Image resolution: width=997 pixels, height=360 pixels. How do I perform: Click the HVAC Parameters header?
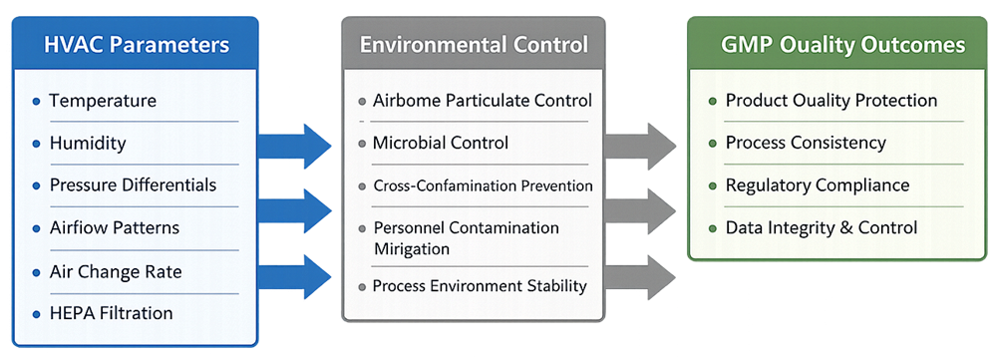pos(137,45)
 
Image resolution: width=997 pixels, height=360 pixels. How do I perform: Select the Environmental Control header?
pos(474,45)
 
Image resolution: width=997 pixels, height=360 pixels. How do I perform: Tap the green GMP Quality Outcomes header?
pos(842,45)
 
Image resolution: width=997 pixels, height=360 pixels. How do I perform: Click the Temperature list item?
pos(103,101)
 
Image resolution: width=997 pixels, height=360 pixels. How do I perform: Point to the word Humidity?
pos(88,143)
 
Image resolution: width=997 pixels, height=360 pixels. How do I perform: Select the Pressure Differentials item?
pos(133,185)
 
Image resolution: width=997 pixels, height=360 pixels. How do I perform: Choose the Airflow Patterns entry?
pos(115,227)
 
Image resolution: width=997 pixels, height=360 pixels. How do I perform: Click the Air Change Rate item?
pos(116,270)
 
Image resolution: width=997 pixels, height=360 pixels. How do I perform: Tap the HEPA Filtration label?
pos(111,313)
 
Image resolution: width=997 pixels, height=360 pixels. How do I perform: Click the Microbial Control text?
pos(441,143)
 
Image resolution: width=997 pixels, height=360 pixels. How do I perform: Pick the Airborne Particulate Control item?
pos(483,101)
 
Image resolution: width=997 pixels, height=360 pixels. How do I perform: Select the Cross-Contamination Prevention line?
pos(483,185)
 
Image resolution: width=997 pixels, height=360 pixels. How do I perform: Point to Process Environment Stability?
pos(480,286)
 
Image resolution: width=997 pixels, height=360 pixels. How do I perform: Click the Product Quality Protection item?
pos(831,101)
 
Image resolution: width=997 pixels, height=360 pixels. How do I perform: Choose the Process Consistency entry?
pos(806,143)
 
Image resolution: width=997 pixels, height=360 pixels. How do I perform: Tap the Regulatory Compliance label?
pos(818,185)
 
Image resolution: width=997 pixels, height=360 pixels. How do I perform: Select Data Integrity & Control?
pos(822,227)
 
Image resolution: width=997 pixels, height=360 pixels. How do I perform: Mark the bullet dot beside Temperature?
pos(37,101)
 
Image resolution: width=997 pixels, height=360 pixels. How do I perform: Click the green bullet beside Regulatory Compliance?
pos(712,185)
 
